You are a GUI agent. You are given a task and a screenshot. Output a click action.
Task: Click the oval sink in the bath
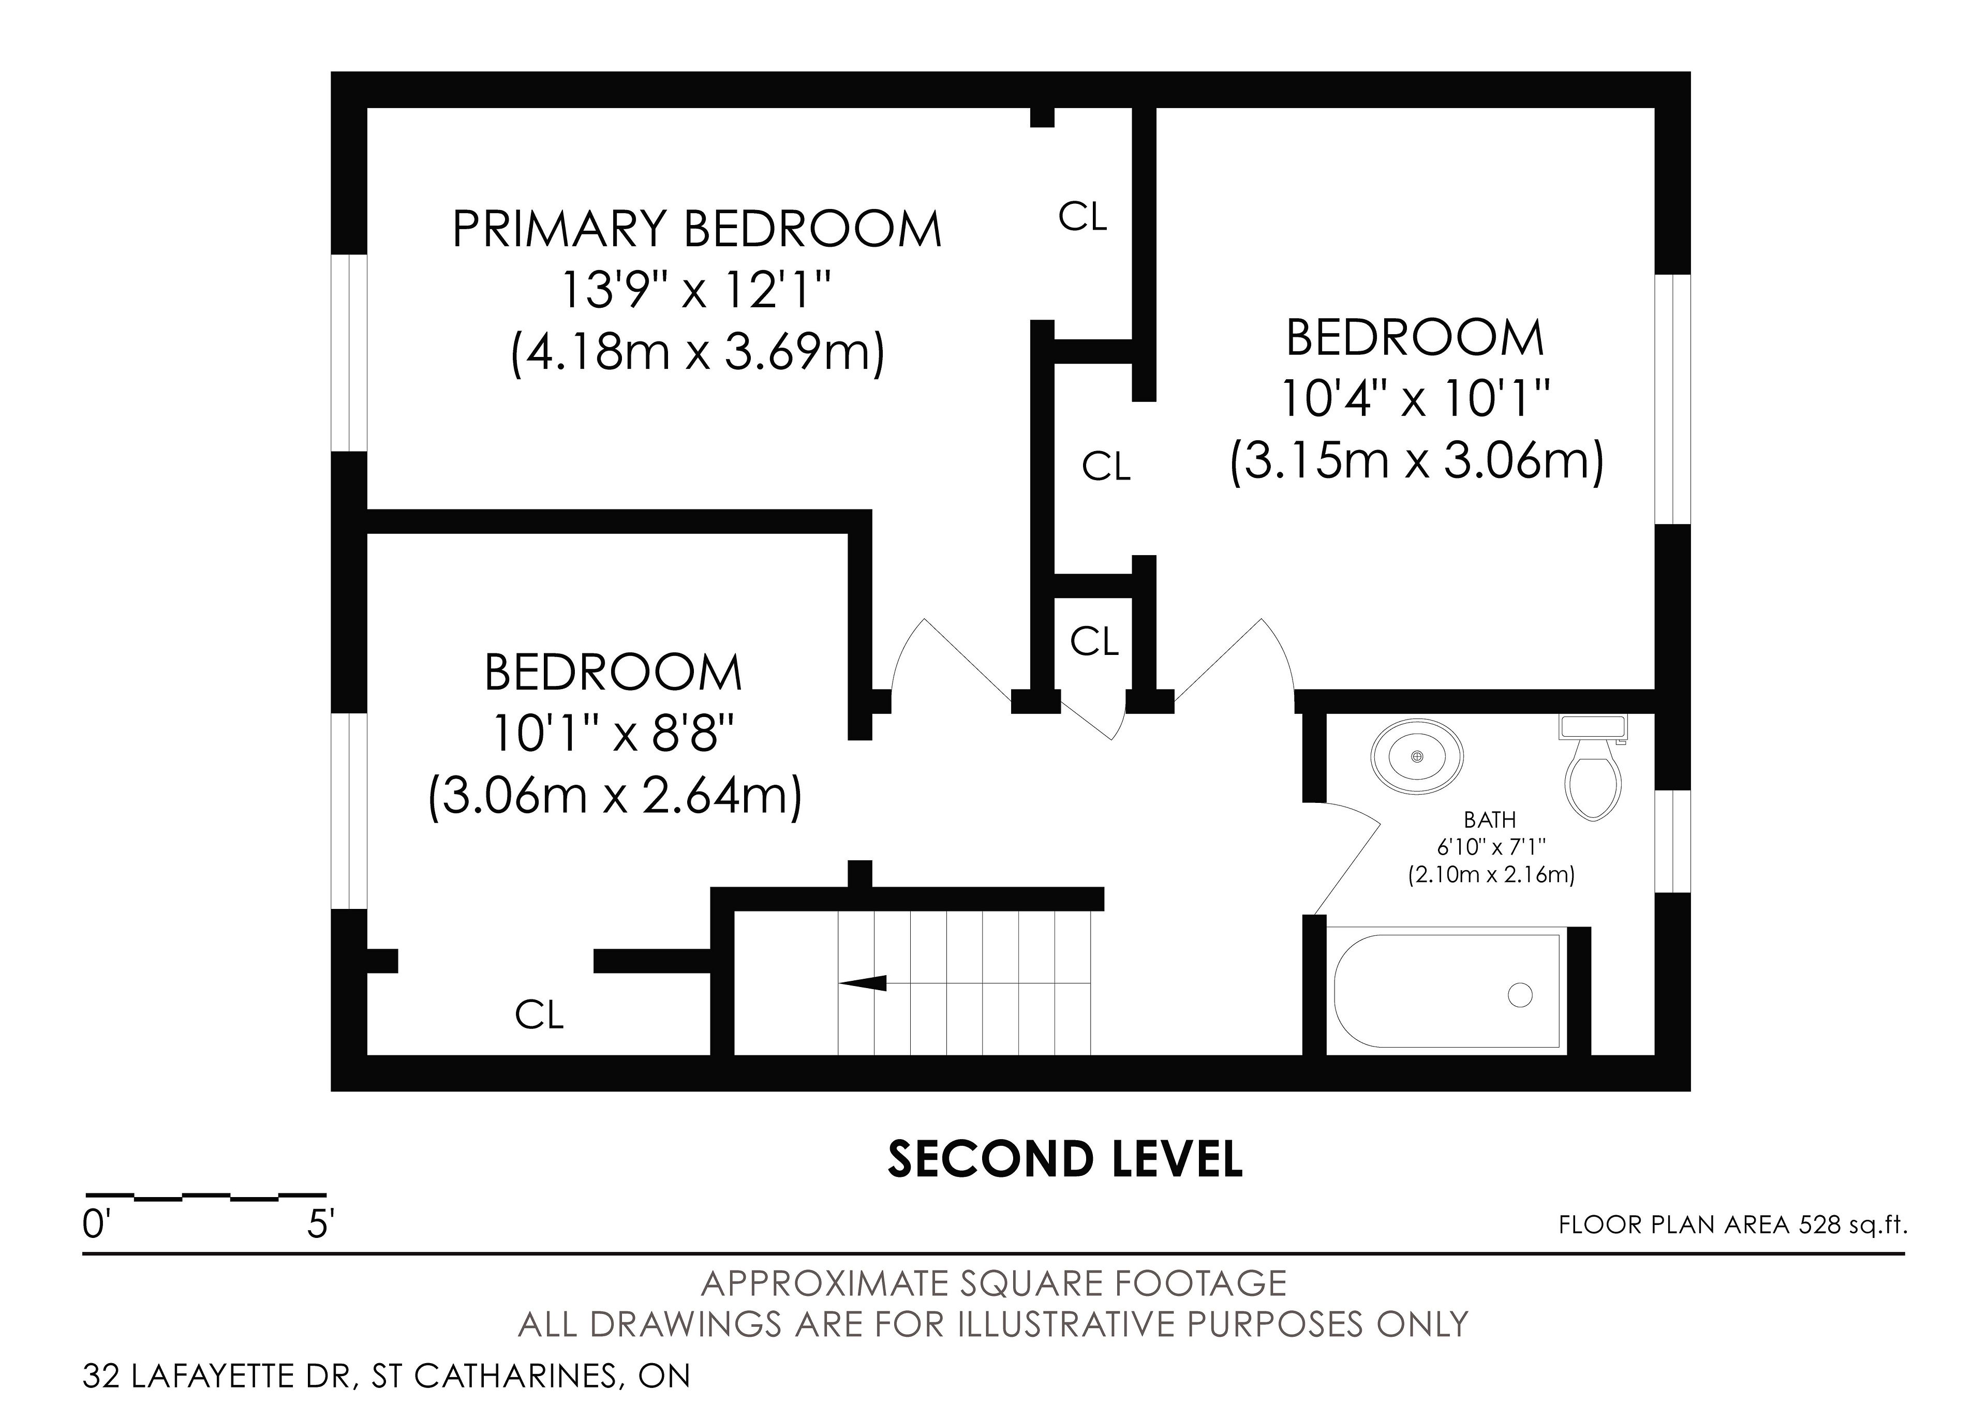click(x=1418, y=756)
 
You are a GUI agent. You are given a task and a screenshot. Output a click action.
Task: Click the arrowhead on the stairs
click(x=862, y=983)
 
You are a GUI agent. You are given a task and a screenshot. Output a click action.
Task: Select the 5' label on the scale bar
click(x=320, y=1225)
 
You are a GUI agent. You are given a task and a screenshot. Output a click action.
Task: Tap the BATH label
click(x=1489, y=819)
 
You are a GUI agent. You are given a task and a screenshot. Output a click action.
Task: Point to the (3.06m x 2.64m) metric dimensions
click(x=615, y=796)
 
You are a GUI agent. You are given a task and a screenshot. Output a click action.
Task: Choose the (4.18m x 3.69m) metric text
click(x=698, y=353)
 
